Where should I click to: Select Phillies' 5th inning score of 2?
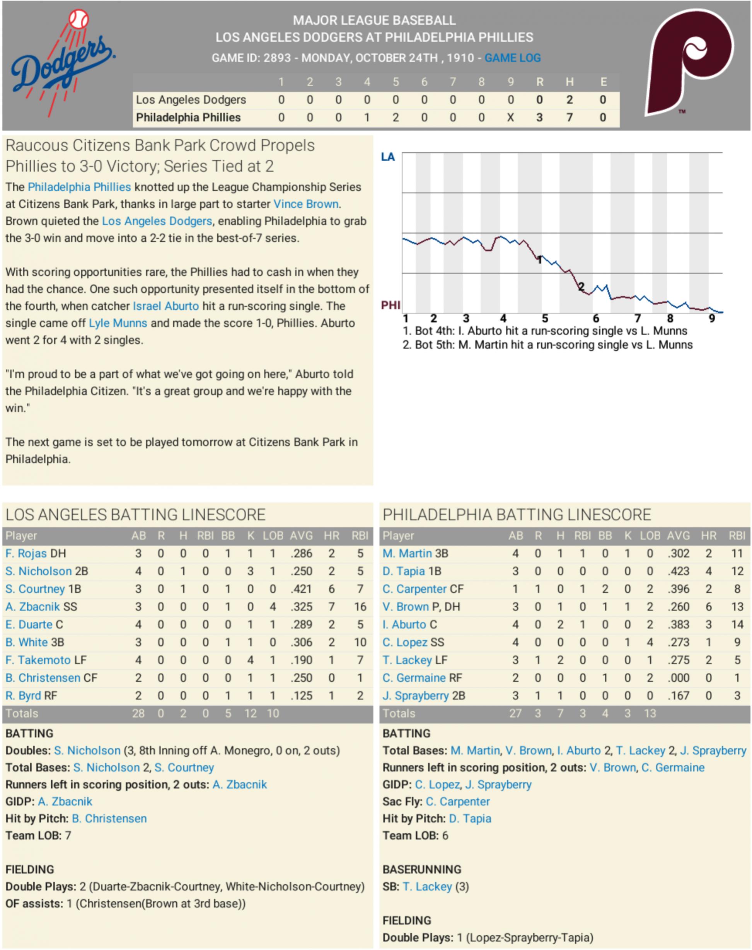(x=396, y=118)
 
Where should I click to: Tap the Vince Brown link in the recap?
(x=306, y=204)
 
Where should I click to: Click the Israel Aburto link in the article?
(x=165, y=306)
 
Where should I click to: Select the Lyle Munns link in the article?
(x=118, y=323)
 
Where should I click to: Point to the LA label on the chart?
(x=388, y=157)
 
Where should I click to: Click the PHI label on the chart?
(x=390, y=305)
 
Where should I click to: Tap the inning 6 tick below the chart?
(x=596, y=318)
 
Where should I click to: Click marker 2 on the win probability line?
(x=581, y=287)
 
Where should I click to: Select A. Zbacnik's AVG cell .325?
(x=301, y=607)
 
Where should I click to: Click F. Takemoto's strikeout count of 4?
(x=251, y=660)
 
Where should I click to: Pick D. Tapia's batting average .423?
(x=678, y=571)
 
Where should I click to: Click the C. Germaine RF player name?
(x=414, y=678)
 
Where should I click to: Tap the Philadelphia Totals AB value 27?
(x=515, y=713)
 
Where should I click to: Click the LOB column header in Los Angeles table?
(x=273, y=536)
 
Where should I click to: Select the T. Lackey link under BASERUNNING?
(x=427, y=887)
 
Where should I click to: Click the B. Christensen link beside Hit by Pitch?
(x=109, y=819)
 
